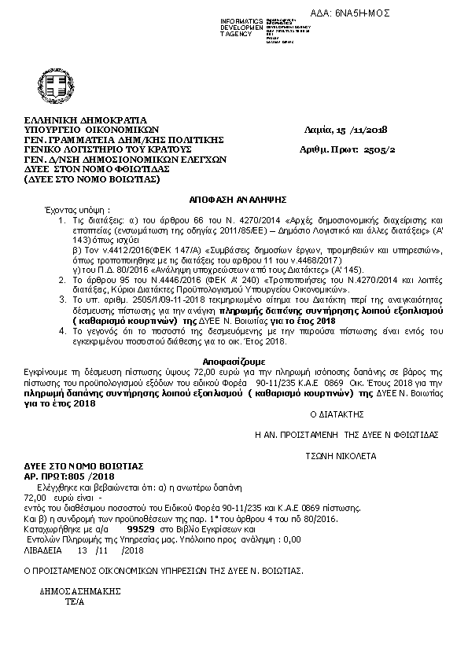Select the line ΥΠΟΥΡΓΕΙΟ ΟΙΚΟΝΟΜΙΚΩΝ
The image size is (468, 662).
92,130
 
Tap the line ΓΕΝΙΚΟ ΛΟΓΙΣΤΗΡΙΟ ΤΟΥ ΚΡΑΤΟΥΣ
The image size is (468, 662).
109,147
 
